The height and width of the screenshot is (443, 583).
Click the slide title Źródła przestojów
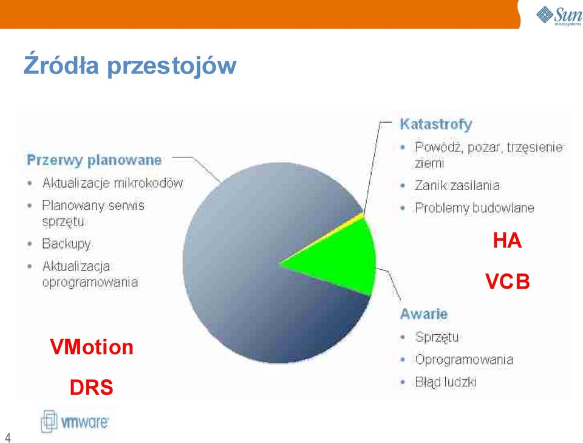[130, 65]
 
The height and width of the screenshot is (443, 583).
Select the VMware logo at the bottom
[75, 422]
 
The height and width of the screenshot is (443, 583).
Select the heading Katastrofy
[436, 124]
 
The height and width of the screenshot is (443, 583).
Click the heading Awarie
[423, 314]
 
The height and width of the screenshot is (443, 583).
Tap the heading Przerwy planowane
[94, 160]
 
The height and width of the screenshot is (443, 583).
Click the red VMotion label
[92, 347]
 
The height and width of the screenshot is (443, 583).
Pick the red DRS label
[91, 387]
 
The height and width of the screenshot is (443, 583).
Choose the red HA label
[507, 240]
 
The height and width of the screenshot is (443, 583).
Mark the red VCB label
[508, 281]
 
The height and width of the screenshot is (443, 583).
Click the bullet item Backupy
[67, 244]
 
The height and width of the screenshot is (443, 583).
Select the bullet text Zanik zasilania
[457, 185]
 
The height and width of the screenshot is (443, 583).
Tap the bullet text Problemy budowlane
[474, 208]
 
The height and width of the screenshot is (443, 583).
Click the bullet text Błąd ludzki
[445, 382]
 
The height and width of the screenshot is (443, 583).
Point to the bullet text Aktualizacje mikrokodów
[113, 183]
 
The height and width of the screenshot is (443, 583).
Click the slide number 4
[8, 438]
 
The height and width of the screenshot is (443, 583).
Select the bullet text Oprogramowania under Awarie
[464, 360]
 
